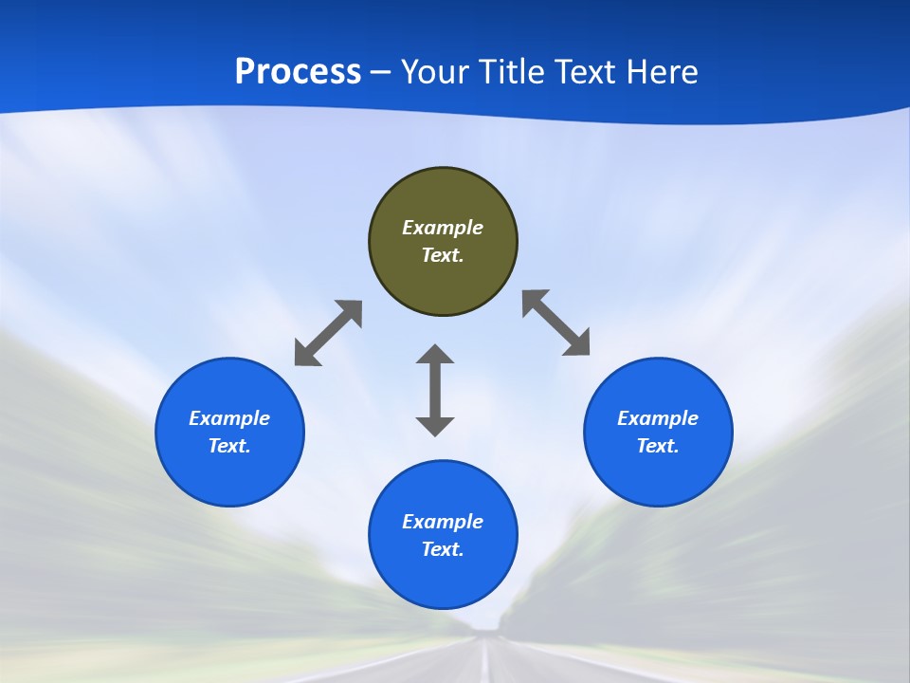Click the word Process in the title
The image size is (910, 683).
click(x=298, y=72)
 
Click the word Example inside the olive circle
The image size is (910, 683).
click(x=443, y=228)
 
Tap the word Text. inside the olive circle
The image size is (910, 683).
click(x=443, y=255)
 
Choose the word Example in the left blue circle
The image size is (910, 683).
click(x=229, y=418)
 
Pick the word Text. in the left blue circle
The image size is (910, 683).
click(x=229, y=446)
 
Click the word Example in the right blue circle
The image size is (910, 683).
click(x=658, y=418)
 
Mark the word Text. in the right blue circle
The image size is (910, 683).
click(x=658, y=446)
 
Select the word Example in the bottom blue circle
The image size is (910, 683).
click(x=443, y=522)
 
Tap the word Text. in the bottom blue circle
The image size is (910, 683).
click(x=443, y=549)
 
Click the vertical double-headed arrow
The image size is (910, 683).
click(x=435, y=390)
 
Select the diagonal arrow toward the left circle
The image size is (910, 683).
click(x=328, y=333)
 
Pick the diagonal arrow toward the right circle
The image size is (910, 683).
click(x=556, y=323)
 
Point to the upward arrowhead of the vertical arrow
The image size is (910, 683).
click(x=435, y=354)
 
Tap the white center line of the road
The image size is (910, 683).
click(x=487, y=664)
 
